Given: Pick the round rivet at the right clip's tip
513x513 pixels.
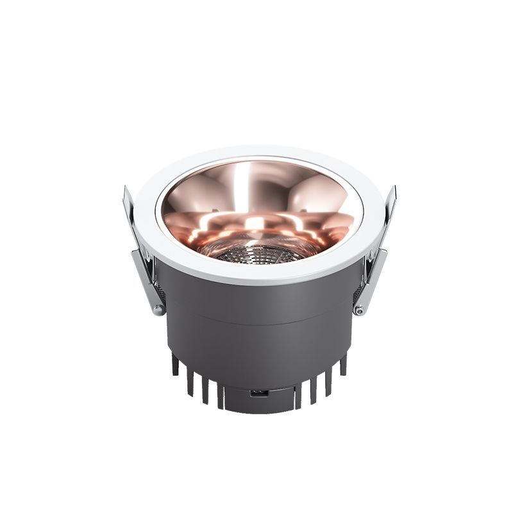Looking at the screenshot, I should [x=359, y=310].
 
